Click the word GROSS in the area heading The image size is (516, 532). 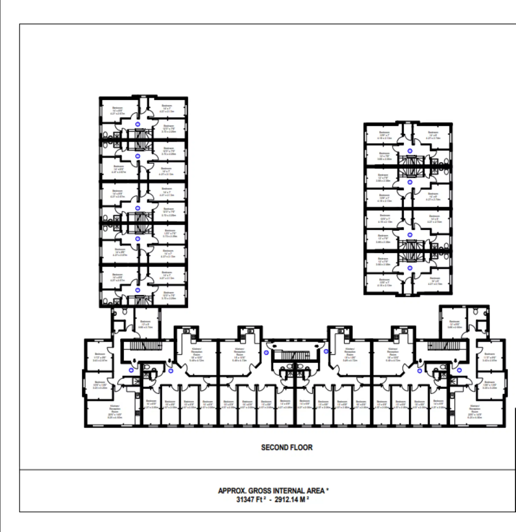click(x=259, y=491)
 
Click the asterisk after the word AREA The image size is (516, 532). click(x=328, y=489)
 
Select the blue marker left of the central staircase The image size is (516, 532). click(x=266, y=353)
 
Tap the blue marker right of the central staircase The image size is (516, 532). click(x=326, y=351)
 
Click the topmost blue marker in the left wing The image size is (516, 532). click(x=138, y=124)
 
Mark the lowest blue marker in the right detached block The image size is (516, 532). click(x=410, y=268)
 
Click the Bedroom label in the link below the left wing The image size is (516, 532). click(x=145, y=324)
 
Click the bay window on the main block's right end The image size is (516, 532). click(x=506, y=383)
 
